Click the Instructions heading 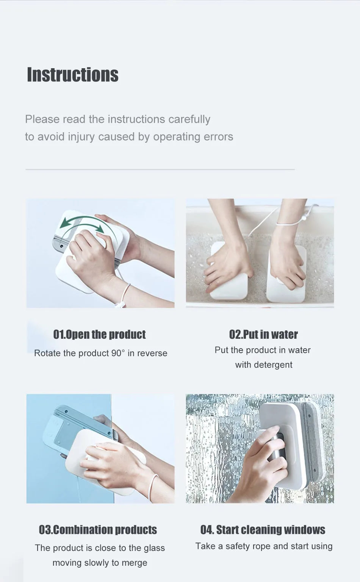coord(72,75)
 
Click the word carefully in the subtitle coord(189,119)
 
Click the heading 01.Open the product coord(99,335)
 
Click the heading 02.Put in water coord(263,335)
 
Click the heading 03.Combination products coord(98,530)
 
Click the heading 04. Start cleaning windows coord(263,530)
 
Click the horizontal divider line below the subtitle coord(160,169)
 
